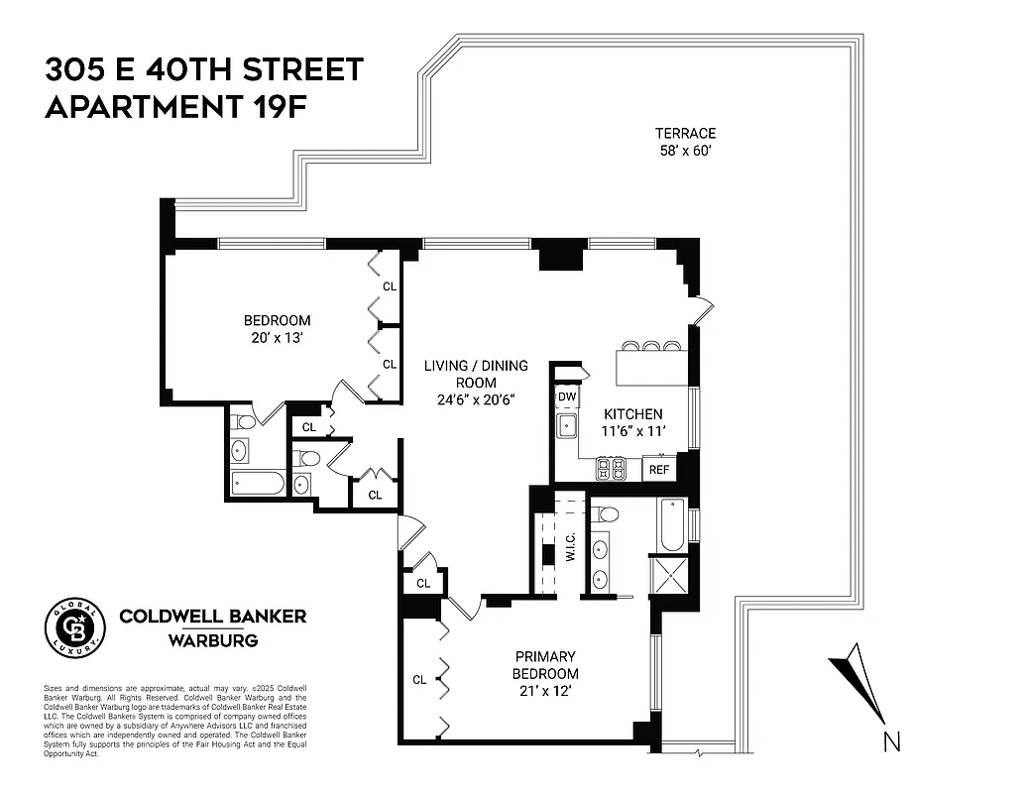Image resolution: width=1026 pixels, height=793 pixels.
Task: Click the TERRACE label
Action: pyautogui.click(x=684, y=133)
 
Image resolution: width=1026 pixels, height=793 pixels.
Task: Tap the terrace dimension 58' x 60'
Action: pyautogui.click(x=684, y=151)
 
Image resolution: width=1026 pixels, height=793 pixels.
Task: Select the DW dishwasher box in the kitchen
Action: pyautogui.click(x=567, y=396)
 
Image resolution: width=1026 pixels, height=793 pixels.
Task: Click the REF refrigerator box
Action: pyautogui.click(x=658, y=470)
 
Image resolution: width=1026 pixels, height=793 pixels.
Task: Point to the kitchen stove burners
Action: pyautogui.click(x=610, y=470)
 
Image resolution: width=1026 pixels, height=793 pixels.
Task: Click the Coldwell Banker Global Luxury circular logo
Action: pyautogui.click(x=75, y=627)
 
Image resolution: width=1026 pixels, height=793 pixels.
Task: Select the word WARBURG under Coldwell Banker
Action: pyautogui.click(x=213, y=640)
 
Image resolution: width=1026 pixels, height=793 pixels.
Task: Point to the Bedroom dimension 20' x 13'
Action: pyautogui.click(x=277, y=338)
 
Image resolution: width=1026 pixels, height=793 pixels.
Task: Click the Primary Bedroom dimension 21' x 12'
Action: pyautogui.click(x=544, y=692)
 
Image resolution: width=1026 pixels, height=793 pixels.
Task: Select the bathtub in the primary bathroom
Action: pyautogui.click(x=670, y=524)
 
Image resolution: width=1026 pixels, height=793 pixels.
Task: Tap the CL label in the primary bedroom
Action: pyautogui.click(x=419, y=680)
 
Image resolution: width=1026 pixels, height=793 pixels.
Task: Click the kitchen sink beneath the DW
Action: pyautogui.click(x=567, y=427)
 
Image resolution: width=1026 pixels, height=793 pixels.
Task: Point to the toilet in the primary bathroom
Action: pyautogui.click(x=608, y=514)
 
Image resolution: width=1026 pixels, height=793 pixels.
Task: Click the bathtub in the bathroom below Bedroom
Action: pyautogui.click(x=258, y=484)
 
